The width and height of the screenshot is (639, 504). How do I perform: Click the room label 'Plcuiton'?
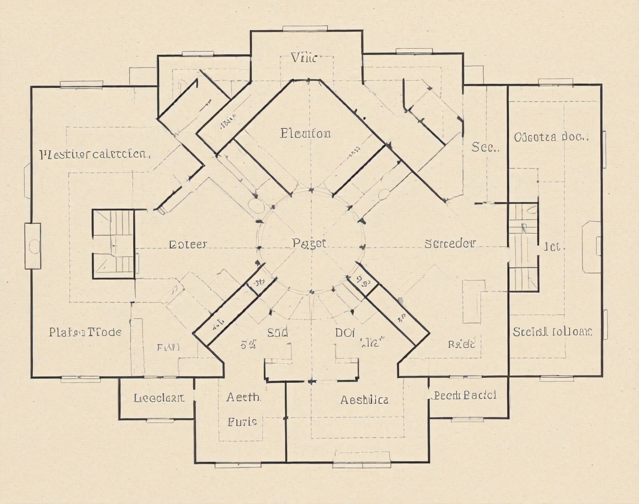[x=305, y=133]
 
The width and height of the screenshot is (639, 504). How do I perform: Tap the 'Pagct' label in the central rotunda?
[x=309, y=244]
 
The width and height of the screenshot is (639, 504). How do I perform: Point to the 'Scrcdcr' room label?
[x=450, y=244]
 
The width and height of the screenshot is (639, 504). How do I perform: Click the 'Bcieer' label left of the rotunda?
[x=188, y=244]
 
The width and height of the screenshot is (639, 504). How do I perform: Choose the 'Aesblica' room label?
[x=365, y=400]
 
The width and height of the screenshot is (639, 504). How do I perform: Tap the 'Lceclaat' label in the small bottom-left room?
[x=159, y=398]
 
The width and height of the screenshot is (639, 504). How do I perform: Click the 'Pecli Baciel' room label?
[x=465, y=395]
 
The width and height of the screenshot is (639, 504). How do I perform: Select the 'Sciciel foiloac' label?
[x=552, y=332]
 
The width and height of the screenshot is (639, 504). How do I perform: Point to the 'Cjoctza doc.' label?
[x=551, y=138]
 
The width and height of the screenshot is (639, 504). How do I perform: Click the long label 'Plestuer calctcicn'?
[x=96, y=154]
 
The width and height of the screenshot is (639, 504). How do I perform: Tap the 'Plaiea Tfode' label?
[x=85, y=332]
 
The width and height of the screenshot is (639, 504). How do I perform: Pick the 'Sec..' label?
[x=485, y=148]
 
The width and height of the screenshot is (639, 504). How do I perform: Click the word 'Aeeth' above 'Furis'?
[x=243, y=397]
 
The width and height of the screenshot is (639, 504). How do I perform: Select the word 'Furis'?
[x=242, y=422]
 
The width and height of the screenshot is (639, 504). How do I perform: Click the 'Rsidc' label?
[x=461, y=344]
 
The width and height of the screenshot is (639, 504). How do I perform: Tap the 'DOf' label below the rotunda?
[x=345, y=332]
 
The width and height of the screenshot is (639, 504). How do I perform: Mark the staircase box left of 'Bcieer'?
[x=114, y=244]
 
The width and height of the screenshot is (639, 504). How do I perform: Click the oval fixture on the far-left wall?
[x=34, y=246]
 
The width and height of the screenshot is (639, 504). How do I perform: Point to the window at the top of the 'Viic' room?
[x=305, y=28]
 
